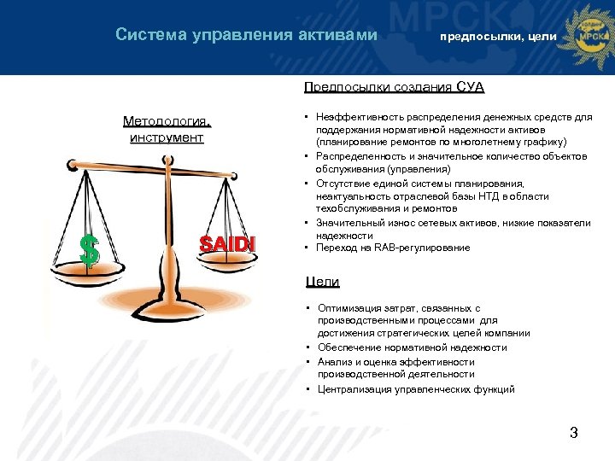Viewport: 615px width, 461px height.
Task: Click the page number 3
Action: point(574,433)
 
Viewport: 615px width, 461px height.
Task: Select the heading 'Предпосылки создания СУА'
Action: point(394,87)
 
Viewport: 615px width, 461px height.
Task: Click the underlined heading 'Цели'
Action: point(322,282)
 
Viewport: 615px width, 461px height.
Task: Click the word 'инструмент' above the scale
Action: point(166,137)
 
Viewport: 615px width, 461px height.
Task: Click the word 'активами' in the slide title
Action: point(337,35)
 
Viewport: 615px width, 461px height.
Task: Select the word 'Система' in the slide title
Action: point(146,35)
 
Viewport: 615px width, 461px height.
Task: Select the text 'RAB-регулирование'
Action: point(426,248)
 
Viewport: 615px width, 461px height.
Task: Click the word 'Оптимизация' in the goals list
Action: point(348,307)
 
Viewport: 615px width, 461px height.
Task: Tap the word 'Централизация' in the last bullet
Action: point(354,389)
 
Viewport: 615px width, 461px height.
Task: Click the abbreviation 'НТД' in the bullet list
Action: point(456,195)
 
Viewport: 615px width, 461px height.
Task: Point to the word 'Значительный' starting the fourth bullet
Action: point(348,223)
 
